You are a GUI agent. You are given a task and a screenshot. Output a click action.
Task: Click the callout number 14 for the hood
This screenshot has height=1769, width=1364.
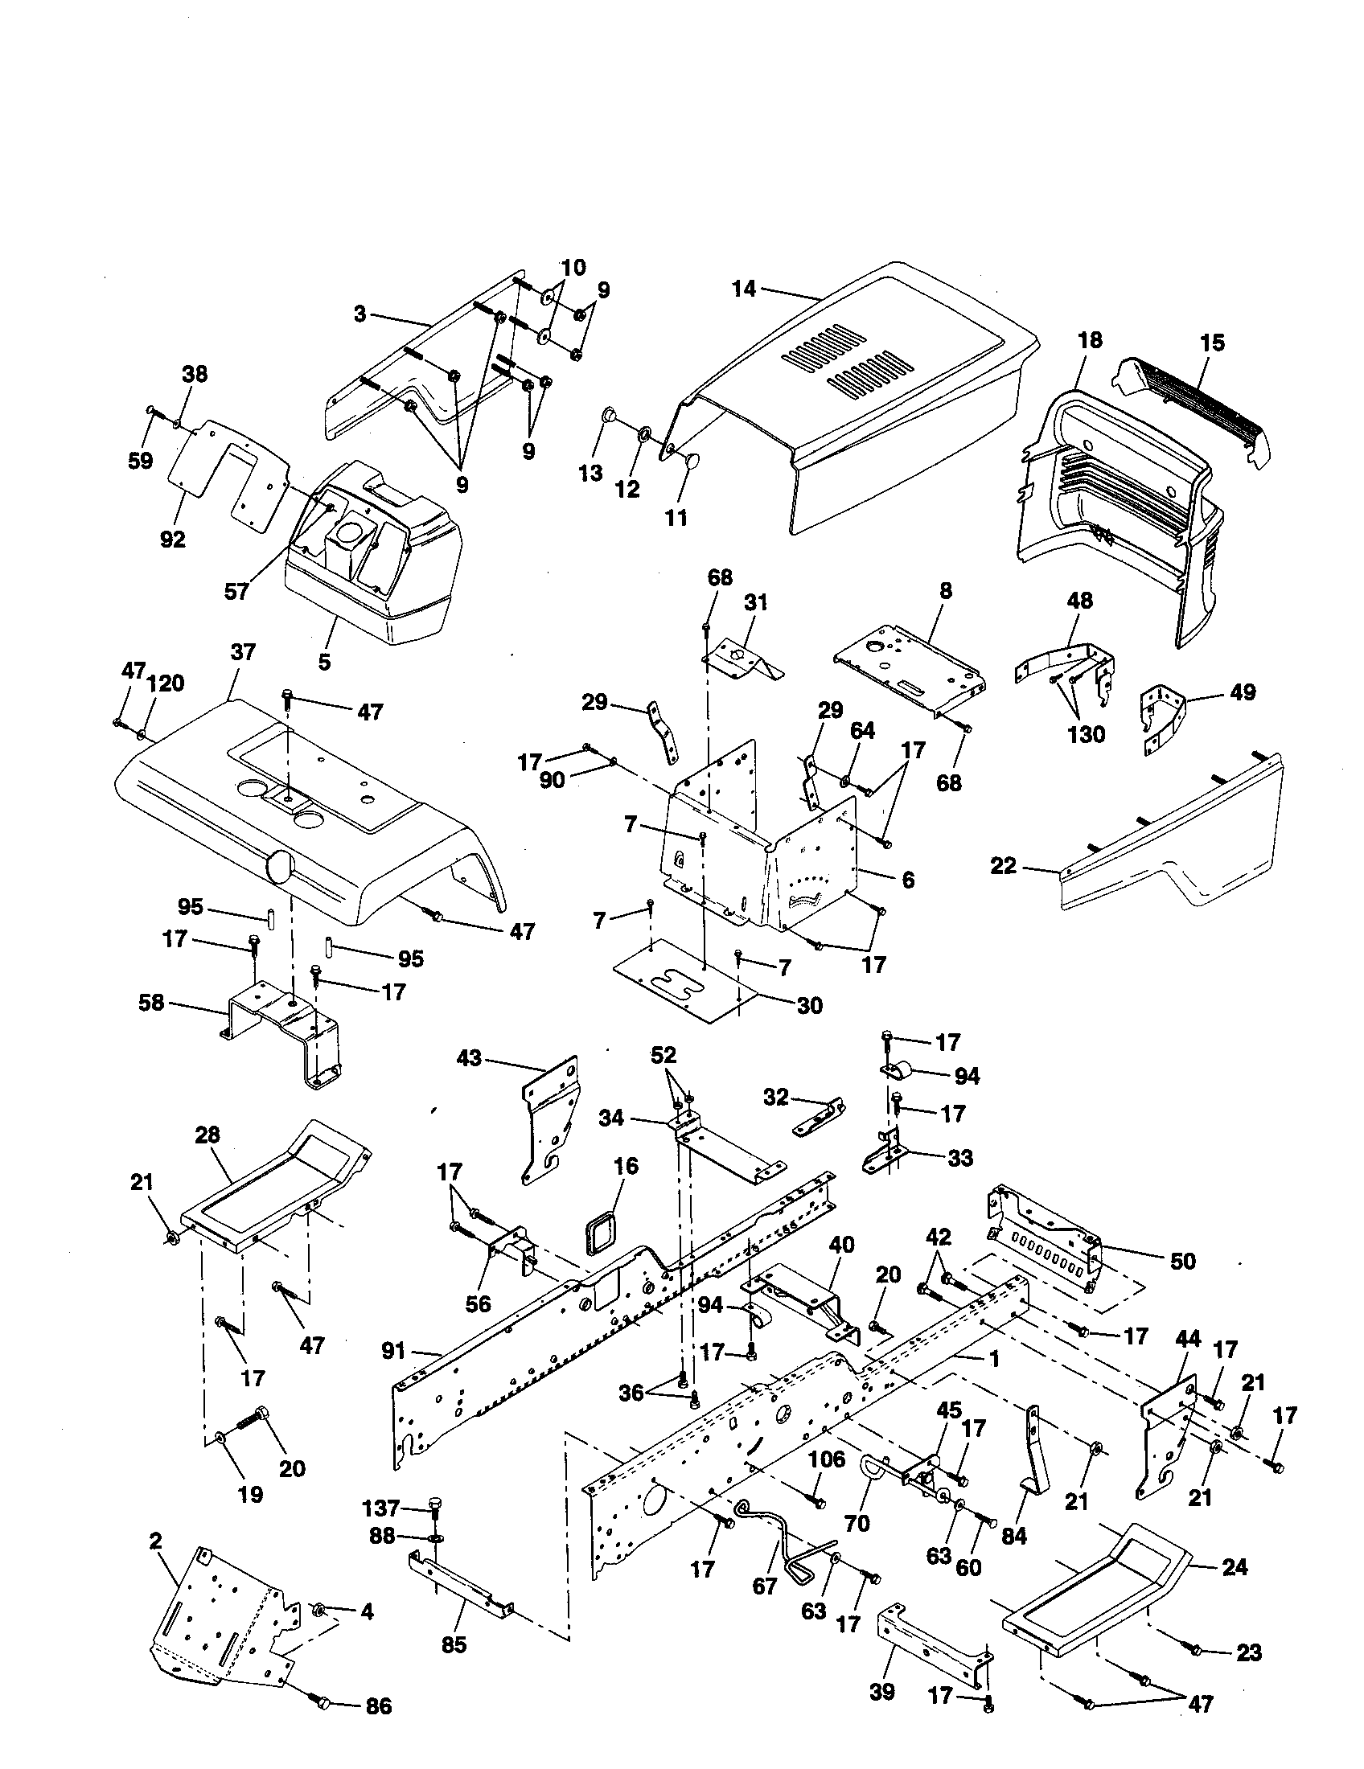(744, 289)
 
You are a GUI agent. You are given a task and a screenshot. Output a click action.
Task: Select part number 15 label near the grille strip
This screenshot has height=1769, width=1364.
(1213, 343)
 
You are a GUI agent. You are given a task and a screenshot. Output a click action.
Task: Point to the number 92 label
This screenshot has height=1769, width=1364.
(173, 540)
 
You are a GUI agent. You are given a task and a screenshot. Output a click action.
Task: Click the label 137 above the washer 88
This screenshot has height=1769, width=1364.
(381, 1508)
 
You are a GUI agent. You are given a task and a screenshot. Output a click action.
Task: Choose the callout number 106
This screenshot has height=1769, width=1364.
(827, 1459)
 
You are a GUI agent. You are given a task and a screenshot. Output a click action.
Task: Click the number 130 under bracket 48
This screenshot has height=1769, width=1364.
(1086, 735)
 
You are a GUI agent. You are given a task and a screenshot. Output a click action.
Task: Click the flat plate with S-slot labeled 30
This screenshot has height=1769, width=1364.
(684, 983)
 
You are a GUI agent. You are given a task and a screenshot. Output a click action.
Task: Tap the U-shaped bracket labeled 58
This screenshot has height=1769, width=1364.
(279, 1032)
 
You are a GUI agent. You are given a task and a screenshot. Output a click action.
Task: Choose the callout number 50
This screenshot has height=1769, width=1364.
(1182, 1261)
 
